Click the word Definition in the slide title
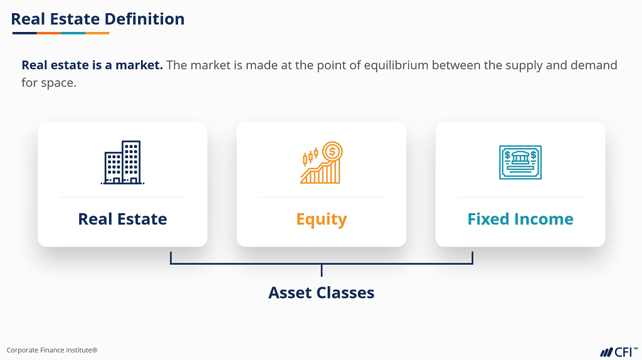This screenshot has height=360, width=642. pyautogui.click(x=145, y=19)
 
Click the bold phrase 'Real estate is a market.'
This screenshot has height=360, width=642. pyautogui.click(x=92, y=65)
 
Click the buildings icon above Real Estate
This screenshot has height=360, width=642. pyautogui.click(x=122, y=162)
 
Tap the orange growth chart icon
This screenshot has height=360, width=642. pyautogui.click(x=322, y=162)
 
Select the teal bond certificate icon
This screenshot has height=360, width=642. pyautogui.click(x=520, y=162)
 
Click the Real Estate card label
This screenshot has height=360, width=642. pyautogui.click(x=122, y=219)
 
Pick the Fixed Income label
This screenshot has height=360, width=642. pyautogui.click(x=520, y=219)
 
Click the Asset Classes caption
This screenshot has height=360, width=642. pyautogui.click(x=322, y=293)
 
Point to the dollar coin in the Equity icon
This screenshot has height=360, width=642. pyautogui.click(x=332, y=152)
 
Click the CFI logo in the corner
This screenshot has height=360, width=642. pyautogui.click(x=619, y=352)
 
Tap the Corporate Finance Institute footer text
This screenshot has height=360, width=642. pyautogui.click(x=52, y=350)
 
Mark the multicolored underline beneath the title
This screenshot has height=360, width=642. pyautogui.click(x=61, y=33)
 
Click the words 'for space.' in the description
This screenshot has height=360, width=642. pyautogui.click(x=49, y=83)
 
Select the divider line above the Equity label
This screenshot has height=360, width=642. pyautogui.click(x=322, y=198)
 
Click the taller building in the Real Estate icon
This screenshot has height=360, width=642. pyautogui.click(x=132, y=162)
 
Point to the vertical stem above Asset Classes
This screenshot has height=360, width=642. pyautogui.click(x=322, y=270)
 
